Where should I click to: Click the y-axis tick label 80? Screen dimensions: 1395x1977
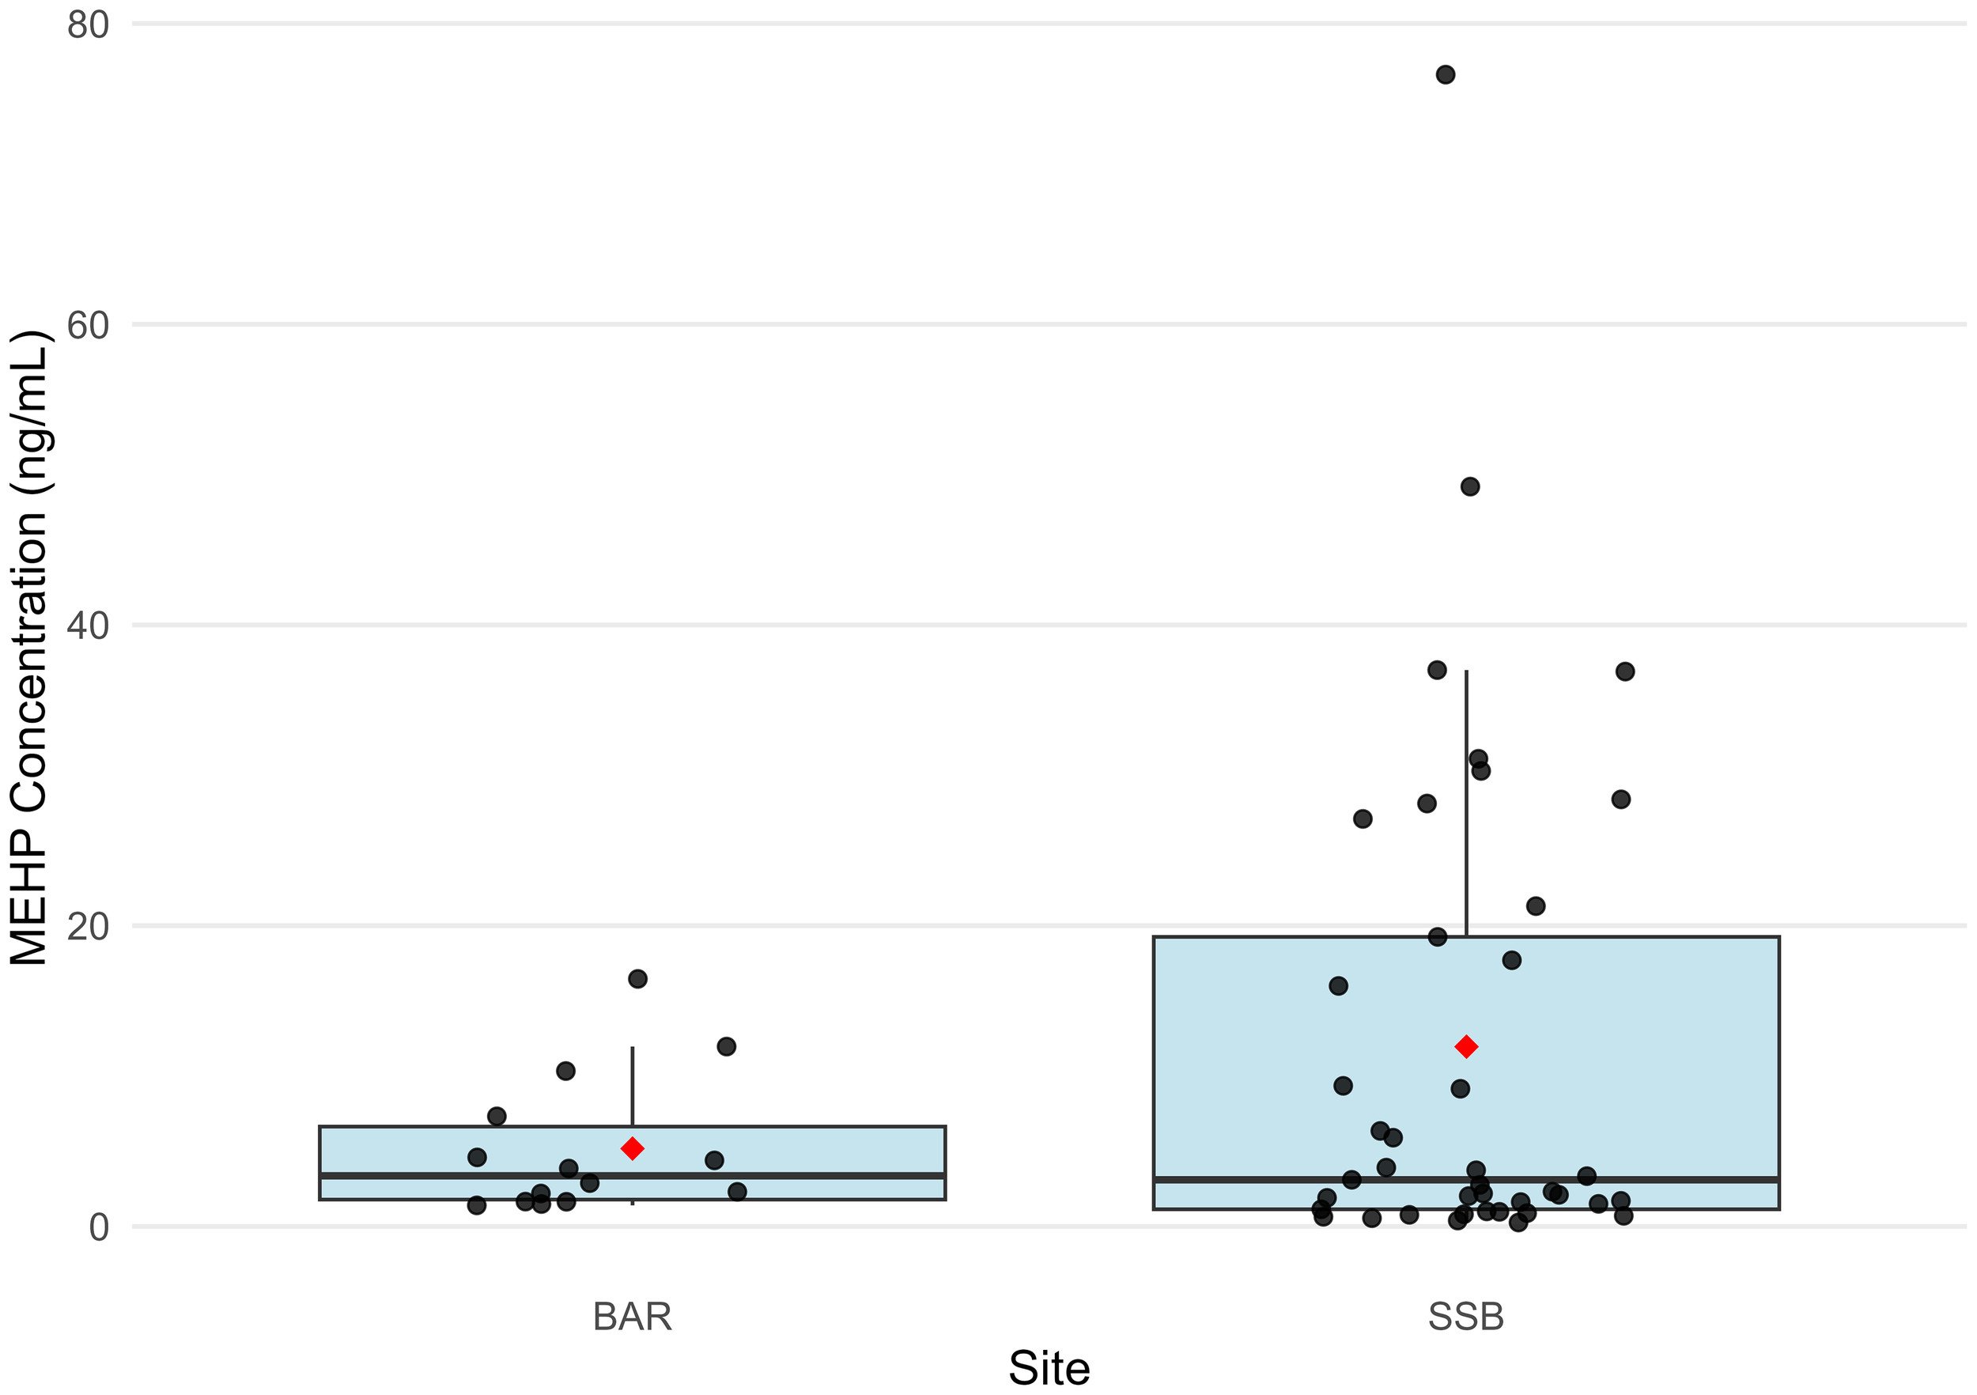[x=88, y=26]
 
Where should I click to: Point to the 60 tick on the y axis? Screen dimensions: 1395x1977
[x=88, y=326]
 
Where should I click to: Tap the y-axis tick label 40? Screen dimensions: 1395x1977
[x=88, y=626]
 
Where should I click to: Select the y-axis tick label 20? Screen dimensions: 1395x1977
[x=88, y=927]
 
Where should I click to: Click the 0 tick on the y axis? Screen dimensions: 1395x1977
[x=98, y=1227]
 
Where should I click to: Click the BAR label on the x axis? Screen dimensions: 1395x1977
[x=632, y=1317]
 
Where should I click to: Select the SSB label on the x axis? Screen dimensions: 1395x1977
[x=1465, y=1317]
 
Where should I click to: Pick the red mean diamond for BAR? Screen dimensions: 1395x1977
[x=632, y=1149]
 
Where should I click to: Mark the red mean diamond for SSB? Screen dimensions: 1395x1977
[x=1465, y=1047]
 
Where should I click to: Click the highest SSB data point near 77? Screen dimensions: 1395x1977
[x=1445, y=75]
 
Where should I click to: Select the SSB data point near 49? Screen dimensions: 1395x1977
[x=1470, y=486]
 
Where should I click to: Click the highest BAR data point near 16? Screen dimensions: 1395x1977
[x=637, y=978]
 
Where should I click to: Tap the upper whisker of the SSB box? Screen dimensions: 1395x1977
[x=1465, y=801]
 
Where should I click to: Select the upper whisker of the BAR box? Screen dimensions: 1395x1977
[x=632, y=1085]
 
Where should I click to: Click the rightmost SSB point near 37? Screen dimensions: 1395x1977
[x=1625, y=671]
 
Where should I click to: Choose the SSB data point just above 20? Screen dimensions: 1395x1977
[x=1535, y=906]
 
